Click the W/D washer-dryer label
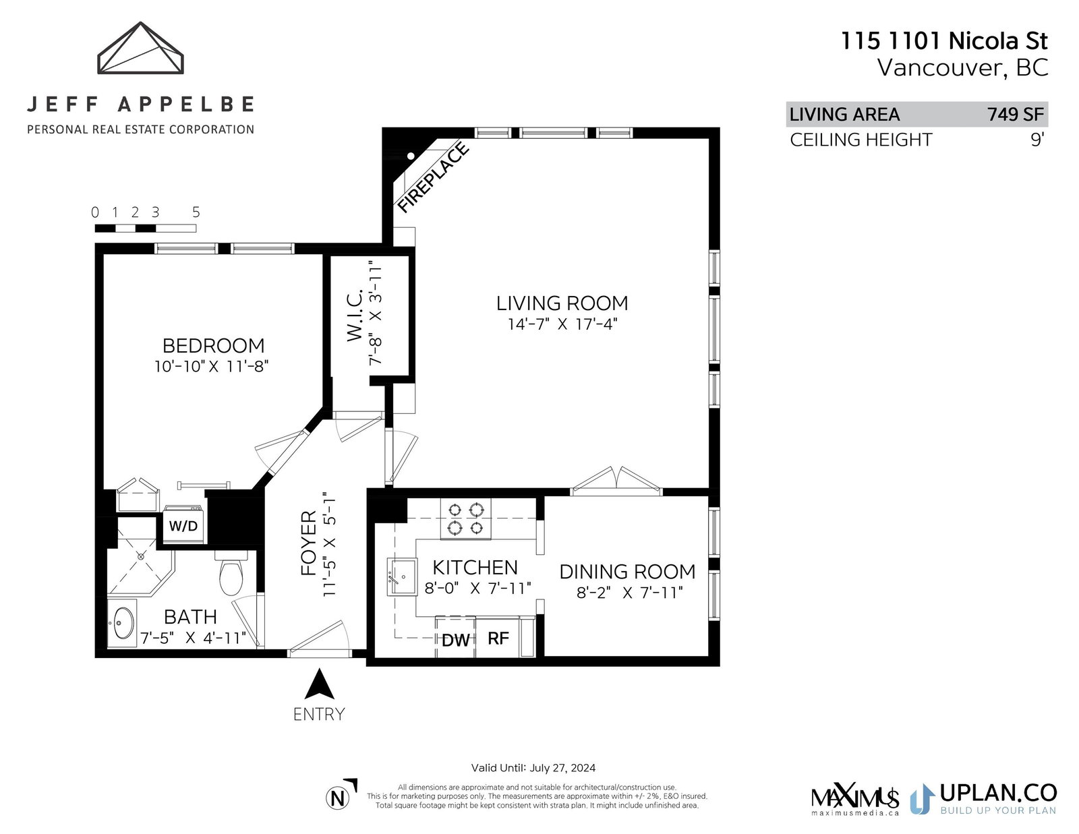pos(183,526)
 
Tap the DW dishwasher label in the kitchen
pos(455,640)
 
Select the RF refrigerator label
pos(498,638)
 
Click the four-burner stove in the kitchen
pos(465,518)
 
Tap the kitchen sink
pos(401,576)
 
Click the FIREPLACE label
pos(434,177)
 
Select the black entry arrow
pos(319,684)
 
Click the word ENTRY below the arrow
pos(319,714)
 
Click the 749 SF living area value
pos(1016,114)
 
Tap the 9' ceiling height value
pos(1038,140)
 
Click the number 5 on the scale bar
pos(196,212)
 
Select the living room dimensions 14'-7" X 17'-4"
pos(562,324)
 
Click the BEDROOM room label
pos(214,345)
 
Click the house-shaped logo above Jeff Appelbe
pos(140,48)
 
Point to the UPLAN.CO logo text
pos(998,793)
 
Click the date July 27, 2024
pos(562,768)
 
